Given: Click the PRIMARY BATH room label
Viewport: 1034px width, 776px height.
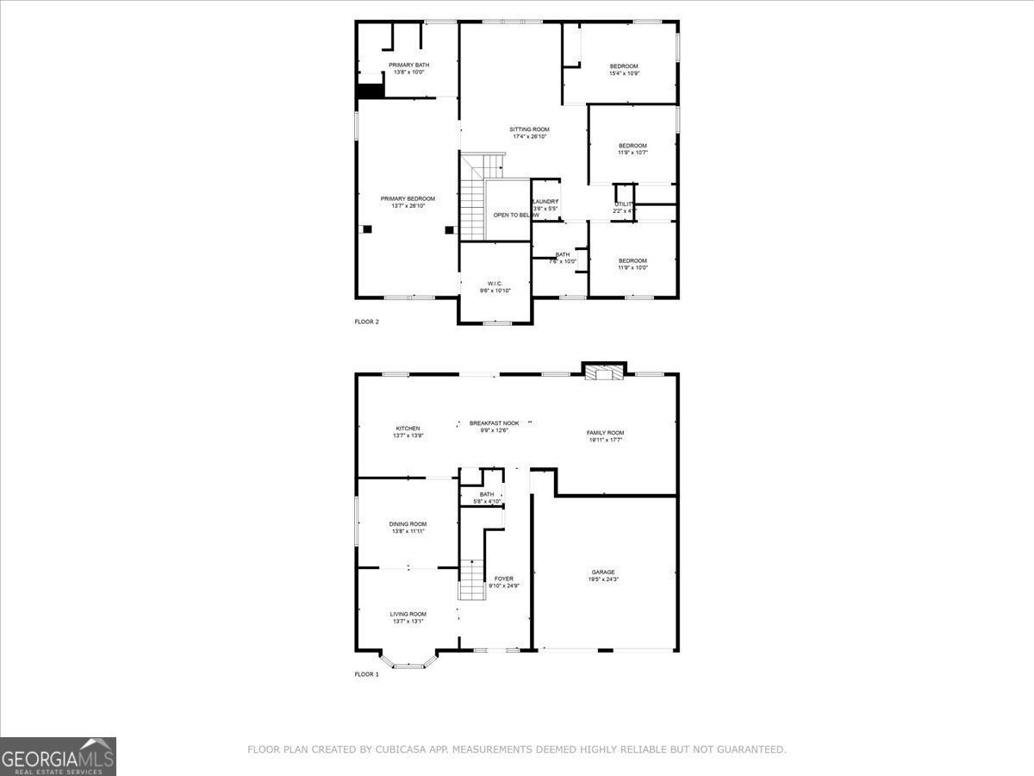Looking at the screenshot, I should click(x=408, y=65).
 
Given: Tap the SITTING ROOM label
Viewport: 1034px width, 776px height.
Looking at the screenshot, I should click(x=529, y=129).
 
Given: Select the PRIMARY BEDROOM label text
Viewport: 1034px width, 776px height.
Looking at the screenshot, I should click(x=408, y=198).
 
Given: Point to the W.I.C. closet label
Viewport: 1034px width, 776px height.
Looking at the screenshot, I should click(x=495, y=284).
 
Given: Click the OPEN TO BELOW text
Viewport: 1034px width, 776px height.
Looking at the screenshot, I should click(x=510, y=215).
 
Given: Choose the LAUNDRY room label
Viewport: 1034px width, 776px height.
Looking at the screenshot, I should click(x=545, y=202).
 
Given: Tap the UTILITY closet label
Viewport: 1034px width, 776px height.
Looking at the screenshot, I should click(x=624, y=203).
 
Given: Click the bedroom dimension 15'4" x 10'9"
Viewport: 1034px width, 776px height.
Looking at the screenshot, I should click(x=624, y=73).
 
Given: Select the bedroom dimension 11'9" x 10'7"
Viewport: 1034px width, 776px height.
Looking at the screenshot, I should click(x=632, y=153).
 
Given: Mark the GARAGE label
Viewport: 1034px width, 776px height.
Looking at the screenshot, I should click(x=603, y=573).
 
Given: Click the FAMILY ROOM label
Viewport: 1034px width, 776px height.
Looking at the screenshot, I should click(x=605, y=433).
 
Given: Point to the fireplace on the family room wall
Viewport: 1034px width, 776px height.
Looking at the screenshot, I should click(x=605, y=372).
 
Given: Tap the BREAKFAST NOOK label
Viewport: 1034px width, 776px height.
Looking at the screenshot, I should click(x=494, y=423).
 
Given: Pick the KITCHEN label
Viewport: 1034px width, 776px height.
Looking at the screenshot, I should click(x=408, y=429).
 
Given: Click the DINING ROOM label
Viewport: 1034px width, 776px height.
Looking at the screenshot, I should click(x=408, y=524).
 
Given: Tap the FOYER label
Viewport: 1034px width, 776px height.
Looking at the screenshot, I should click(x=504, y=579).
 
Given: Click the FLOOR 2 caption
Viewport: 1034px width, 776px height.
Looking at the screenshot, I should click(x=366, y=322).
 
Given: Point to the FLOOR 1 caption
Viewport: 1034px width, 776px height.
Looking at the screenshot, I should click(x=366, y=674).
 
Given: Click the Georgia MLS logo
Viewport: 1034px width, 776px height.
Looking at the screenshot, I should click(x=58, y=756).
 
